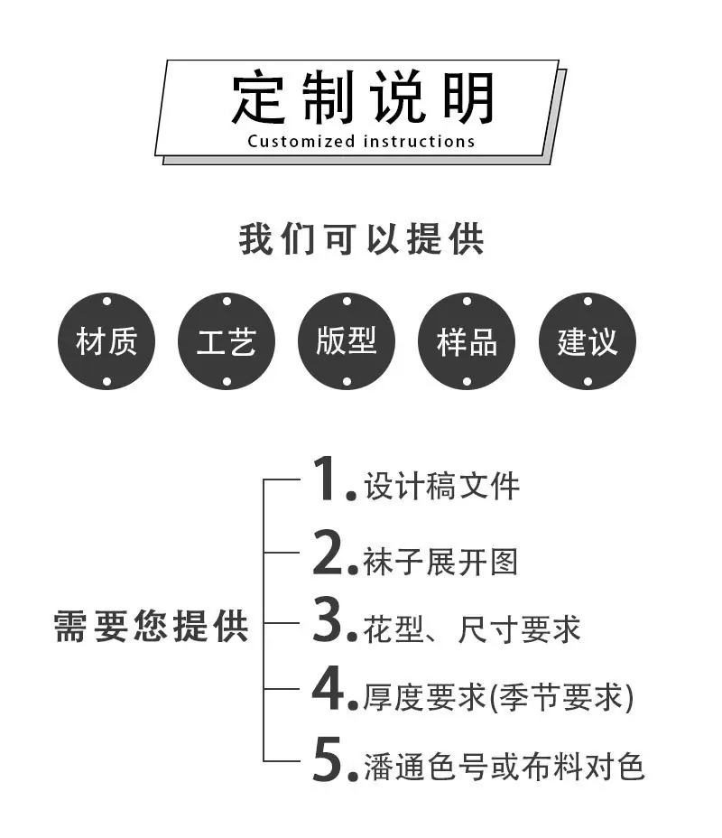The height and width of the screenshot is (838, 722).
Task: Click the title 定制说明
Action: tap(362, 98)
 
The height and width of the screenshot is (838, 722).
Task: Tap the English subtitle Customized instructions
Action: tap(361, 142)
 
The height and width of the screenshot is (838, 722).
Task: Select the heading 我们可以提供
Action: tap(361, 239)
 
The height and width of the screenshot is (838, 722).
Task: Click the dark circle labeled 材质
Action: tap(106, 341)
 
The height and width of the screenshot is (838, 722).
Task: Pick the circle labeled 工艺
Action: tap(227, 341)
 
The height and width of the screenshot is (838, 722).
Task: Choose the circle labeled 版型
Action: tap(347, 341)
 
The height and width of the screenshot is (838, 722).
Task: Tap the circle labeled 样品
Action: tap(467, 341)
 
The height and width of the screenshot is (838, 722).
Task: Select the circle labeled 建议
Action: tap(588, 341)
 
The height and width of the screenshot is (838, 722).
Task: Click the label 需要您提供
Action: tap(151, 626)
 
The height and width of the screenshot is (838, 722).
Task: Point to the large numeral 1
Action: tap(325, 479)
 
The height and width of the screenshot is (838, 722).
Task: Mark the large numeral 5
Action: tap(328, 759)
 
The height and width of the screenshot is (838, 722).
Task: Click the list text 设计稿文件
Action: tap(441, 486)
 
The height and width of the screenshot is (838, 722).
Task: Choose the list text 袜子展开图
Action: tap(440, 562)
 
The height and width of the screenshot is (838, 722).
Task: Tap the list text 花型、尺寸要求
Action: tap(471, 628)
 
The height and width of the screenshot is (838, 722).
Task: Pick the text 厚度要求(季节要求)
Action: tap(498, 697)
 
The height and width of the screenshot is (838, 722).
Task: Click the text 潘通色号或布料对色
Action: tap(504, 767)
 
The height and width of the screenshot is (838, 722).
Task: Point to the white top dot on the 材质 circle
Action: tap(106, 302)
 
